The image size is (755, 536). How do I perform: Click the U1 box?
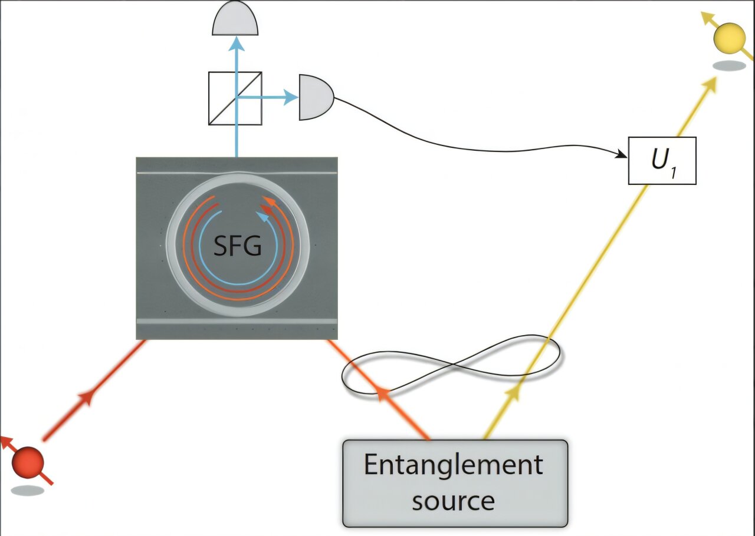click(662, 160)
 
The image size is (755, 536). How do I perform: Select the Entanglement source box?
click(455, 483)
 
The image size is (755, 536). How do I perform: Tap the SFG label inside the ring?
click(237, 246)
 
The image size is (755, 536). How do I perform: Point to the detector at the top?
click(235, 19)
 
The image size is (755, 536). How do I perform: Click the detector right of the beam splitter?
click(315, 97)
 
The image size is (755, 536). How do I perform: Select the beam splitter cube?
click(235, 98)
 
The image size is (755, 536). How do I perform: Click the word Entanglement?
click(453, 465)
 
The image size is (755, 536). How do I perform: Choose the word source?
click(453, 501)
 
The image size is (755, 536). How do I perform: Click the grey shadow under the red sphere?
click(27, 490)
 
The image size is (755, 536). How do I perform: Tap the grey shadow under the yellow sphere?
click(729, 66)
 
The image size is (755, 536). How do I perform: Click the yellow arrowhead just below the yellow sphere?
click(710, 85)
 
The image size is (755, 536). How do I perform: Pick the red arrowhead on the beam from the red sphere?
click(86, 398)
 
